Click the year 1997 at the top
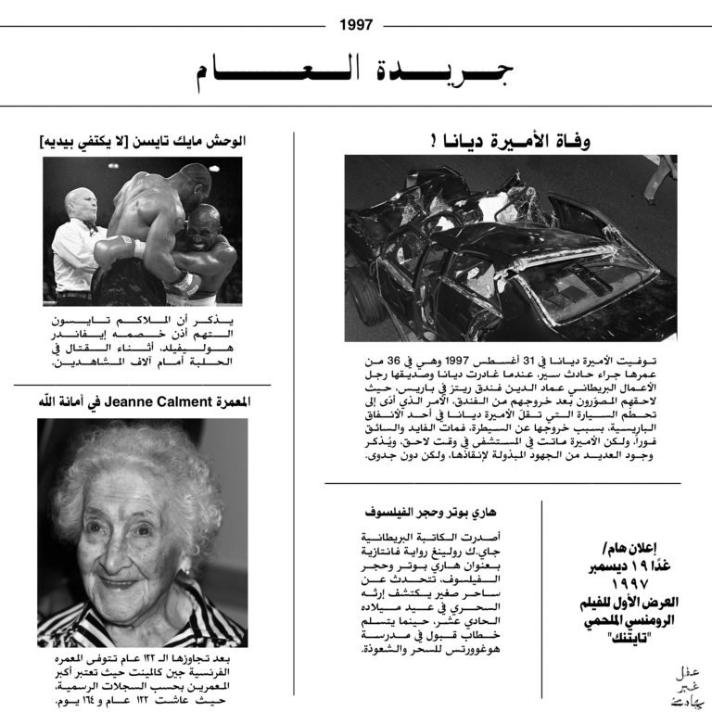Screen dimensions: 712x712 (x=356, y=25)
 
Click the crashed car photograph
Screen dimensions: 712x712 (x=510, y=248)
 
